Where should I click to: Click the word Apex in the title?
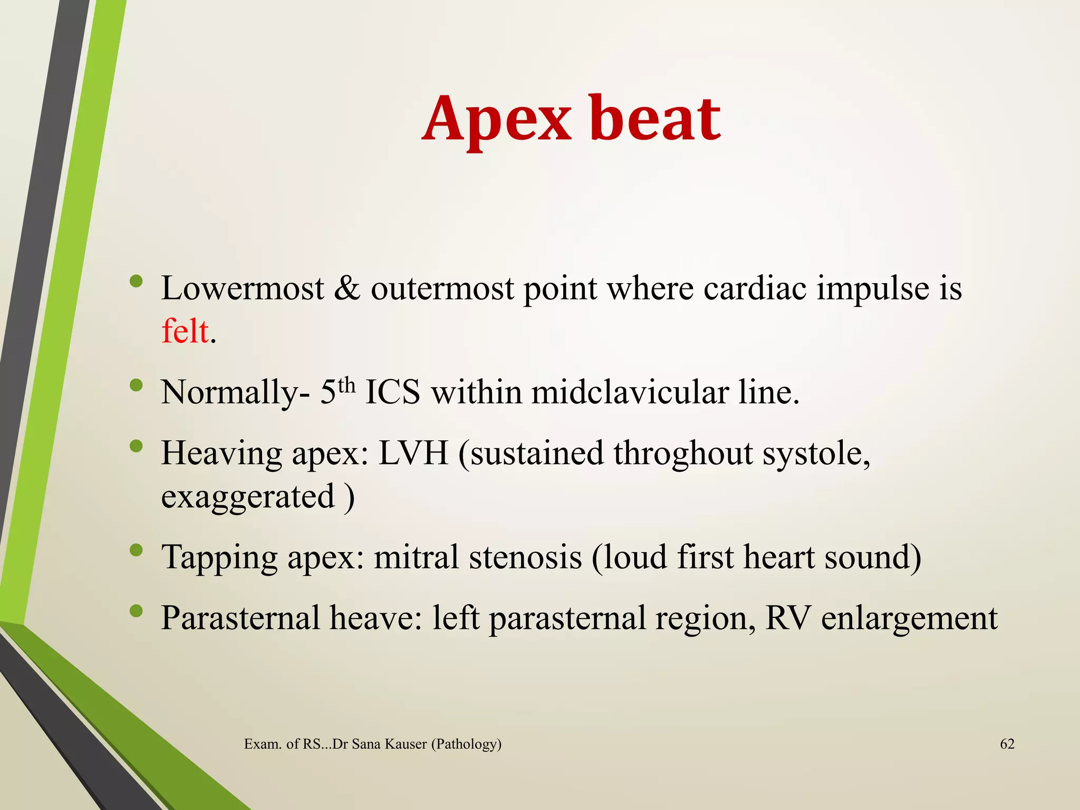tap(496, 120)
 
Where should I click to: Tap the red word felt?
tap(185, 332)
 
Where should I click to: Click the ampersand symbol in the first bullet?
tap(347, 289)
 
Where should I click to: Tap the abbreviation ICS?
tap(392, 393)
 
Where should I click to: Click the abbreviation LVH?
tap(413, 454)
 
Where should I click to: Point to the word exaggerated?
tap(248, 497)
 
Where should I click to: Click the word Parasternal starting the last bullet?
tap(240, 618)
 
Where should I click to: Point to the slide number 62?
tap(1007, 744)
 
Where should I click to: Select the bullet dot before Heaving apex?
tap(136, 447)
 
